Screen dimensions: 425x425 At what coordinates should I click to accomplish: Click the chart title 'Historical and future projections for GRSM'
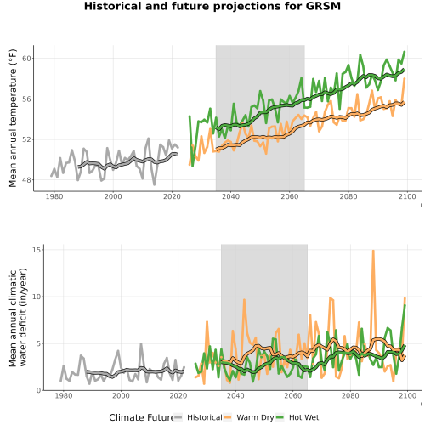tap(212, 6)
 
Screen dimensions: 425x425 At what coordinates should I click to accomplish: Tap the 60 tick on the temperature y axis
tap(26, 59)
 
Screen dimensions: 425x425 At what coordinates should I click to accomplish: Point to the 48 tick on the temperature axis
tap(26, 180)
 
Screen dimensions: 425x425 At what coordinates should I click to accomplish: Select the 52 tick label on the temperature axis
tap(26, 139)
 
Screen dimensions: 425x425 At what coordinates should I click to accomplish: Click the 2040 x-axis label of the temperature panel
tap(230, 196)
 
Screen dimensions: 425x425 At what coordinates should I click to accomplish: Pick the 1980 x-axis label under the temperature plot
tap(54, 196)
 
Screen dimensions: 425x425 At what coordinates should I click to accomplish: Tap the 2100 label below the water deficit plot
tap(407, 395)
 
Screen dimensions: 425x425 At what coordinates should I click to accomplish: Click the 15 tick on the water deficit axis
tap(37, 250)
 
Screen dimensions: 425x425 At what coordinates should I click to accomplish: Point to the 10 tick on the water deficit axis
tap(37, 297)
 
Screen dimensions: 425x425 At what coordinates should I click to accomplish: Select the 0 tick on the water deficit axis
tap(39, 391)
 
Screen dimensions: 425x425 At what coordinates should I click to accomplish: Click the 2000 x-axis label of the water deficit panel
tap(121, 395)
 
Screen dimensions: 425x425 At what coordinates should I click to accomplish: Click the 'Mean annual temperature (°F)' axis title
tap(13, 118)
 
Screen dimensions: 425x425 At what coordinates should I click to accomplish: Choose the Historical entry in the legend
tap(205, 417)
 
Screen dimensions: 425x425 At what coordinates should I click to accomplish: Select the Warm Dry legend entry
tap(255, 417)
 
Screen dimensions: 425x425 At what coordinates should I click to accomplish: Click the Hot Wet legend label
tap(304, 417)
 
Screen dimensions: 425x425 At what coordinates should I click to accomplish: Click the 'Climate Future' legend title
tap(141, 417)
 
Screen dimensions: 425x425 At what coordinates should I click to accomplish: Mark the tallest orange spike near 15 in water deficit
tap(373, 251)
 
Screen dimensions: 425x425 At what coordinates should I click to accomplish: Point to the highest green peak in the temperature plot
tap(405, 52)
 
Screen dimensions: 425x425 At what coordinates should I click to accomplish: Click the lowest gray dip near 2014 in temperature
tap(155, 184)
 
